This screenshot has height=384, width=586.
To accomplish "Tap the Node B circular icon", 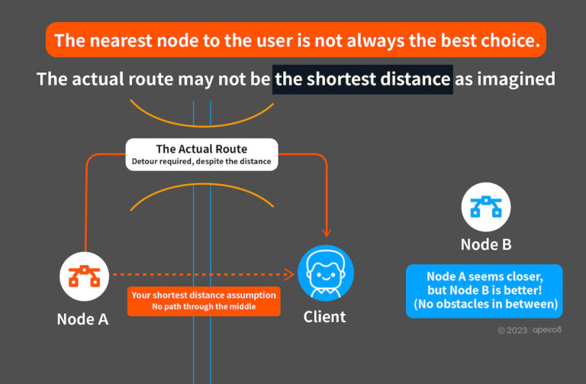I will point(486,207).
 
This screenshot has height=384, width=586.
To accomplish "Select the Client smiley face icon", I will point(326,273).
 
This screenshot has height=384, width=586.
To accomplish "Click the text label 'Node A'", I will point(82,319).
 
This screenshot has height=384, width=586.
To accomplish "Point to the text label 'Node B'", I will point(486,244).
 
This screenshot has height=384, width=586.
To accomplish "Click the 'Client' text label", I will point(324,317).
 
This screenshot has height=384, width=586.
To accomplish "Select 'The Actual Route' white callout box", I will point(201,154).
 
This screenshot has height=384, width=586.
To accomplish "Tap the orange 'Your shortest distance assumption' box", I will point(203,301).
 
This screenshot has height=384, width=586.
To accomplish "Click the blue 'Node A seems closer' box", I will point(485,291).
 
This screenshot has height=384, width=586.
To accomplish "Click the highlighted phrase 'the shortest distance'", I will point(362,78).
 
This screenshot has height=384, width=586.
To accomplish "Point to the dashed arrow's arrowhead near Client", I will point(290,274).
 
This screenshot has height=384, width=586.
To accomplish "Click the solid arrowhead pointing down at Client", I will point(327,231).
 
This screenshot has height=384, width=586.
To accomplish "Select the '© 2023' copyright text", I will point(512,331).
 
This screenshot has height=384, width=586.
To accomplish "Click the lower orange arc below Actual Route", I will point(203,195).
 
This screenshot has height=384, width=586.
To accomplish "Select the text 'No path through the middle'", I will point(203,307).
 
